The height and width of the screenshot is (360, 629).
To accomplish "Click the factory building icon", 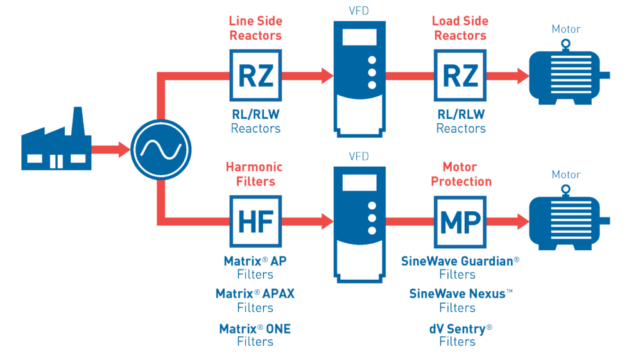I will click(56, 145).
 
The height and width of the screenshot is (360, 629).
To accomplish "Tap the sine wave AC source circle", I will click(161, 150).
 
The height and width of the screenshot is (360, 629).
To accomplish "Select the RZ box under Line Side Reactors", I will click(255, 76).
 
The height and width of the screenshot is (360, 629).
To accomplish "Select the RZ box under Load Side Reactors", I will click(461, 76).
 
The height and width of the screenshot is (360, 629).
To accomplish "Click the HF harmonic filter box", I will click(255, 221).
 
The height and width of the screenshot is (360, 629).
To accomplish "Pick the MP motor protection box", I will click(461, 221).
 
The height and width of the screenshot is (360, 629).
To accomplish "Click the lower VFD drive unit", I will click(359, 221).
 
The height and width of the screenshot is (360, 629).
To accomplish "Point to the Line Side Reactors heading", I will click(255, 28).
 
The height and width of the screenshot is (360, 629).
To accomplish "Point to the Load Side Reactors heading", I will click(461, 28).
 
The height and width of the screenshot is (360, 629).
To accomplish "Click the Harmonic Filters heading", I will click(255, 174).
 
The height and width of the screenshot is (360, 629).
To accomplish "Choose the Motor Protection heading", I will click(461, 174).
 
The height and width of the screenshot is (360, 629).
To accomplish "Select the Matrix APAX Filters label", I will click(255, 301).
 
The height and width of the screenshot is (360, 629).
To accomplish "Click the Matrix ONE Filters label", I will click(255, 335).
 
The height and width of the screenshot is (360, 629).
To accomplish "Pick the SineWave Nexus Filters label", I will click(461, 301).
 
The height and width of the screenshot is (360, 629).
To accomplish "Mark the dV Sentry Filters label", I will click(461, 335).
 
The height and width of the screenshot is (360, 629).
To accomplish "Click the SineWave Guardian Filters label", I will click(461, 268).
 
